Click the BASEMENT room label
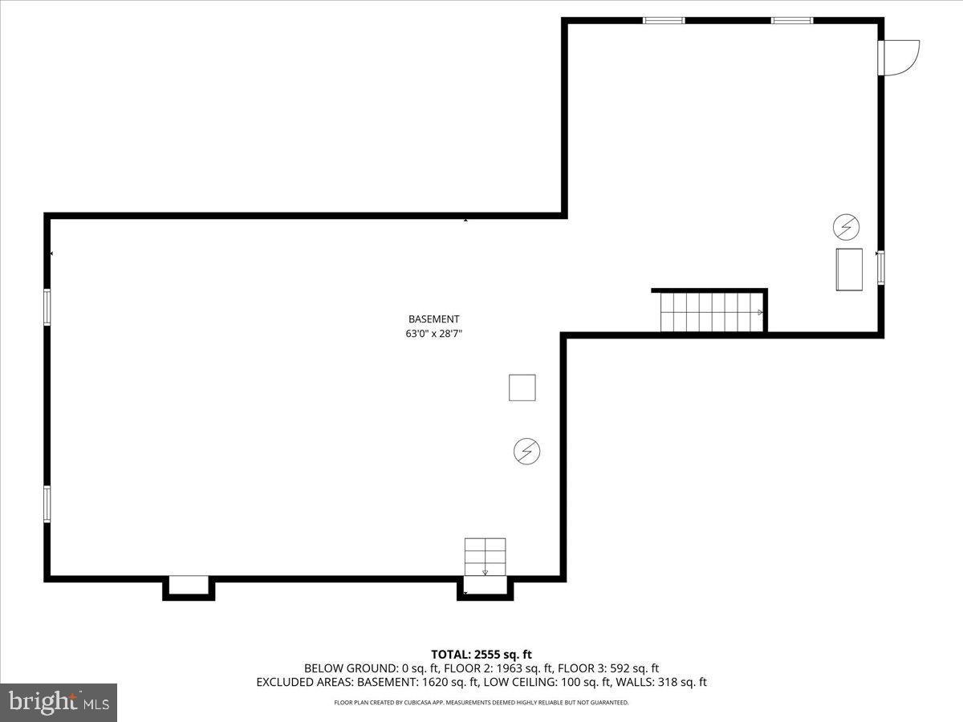click(433, 318)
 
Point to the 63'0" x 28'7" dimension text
click(433, 334)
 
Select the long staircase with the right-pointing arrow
click(710, 312)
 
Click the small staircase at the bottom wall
click(485, 557)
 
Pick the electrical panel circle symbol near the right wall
click(846, 228)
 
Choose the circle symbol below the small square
click(526, 452)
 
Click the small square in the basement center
click(522, 387)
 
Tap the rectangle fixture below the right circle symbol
click(849, 270)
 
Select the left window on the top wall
click(664, 20)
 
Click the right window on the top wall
click(792, 20)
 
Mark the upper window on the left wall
click(47, 307)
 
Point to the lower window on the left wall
click(47, 504)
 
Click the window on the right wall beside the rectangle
click(880, 268)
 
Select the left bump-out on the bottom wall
click(189, 587)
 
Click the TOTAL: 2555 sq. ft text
click(481, 654)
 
